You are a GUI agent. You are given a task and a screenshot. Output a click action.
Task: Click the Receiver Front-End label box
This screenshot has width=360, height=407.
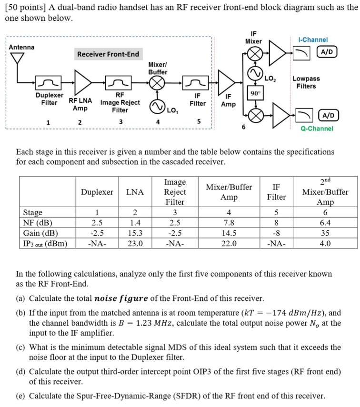[108, 54]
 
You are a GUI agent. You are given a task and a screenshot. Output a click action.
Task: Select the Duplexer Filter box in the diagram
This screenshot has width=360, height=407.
[47, 84]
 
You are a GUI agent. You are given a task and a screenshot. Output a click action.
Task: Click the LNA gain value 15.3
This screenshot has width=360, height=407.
[135, 233]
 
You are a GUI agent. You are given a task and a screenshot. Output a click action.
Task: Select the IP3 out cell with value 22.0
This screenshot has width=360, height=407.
[229, 243]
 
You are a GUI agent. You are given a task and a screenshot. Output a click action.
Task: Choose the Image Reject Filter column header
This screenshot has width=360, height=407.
[175, 192]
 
